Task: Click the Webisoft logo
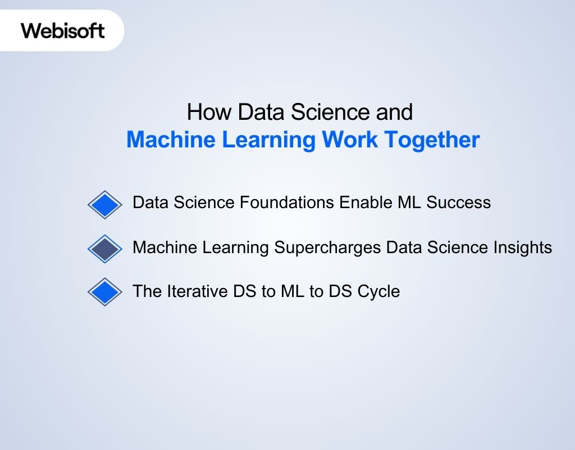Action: (63, 30)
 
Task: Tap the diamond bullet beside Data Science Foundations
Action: (105, 204)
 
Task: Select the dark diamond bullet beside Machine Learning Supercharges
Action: (105, 249)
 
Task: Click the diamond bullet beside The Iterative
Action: (105, 292)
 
